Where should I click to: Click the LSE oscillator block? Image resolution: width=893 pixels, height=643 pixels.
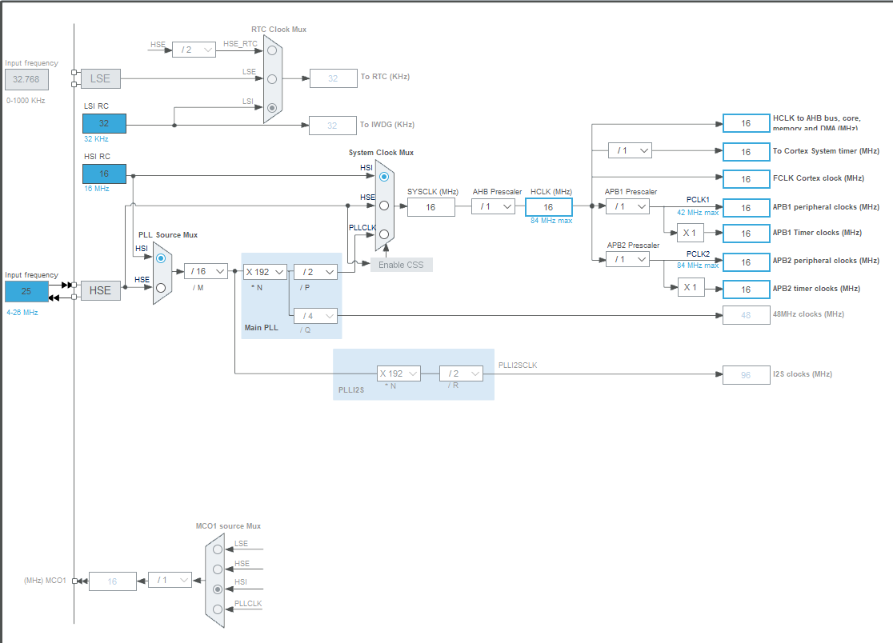[x=100, y=78]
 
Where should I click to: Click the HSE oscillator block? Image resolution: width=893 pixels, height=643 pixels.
[x=100, y=290]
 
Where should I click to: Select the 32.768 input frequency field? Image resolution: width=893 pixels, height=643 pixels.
[x=26, y=78]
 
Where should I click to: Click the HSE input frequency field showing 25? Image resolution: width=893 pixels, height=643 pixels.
[x=26, y=291]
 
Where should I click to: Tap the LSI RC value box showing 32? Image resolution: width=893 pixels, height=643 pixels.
[x=104, y=123]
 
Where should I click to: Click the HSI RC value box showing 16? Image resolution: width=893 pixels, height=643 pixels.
[x=104, y=174]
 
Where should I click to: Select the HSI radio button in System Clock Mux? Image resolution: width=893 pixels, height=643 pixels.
[x=384, y=176]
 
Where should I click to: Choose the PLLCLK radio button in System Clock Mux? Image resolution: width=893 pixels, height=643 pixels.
[x=384, y=234]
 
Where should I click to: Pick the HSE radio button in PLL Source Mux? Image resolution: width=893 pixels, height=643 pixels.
[x=161, y=288]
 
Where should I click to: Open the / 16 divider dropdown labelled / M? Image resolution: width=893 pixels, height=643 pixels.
[x=206, y=271]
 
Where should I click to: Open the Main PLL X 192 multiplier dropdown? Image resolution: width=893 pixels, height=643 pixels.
[x=265, y=272]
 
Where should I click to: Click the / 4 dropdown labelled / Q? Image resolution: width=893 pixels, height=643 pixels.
[x=315, y=315]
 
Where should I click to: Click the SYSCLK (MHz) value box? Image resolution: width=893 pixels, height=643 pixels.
[x=430, y=207]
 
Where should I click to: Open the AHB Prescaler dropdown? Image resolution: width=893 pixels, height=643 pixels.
[x=493, y=206]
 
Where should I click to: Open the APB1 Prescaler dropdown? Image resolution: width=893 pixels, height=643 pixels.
[x=627, y=206]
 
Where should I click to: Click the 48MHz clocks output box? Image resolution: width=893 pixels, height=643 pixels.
[x=745, y=315]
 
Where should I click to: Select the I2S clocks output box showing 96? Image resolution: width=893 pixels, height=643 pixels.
[x=745, y=374]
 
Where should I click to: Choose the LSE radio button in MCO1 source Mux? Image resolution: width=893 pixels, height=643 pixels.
[x=218, y=549]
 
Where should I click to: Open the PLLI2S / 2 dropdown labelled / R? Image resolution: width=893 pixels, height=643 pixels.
[x=461, y=373]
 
